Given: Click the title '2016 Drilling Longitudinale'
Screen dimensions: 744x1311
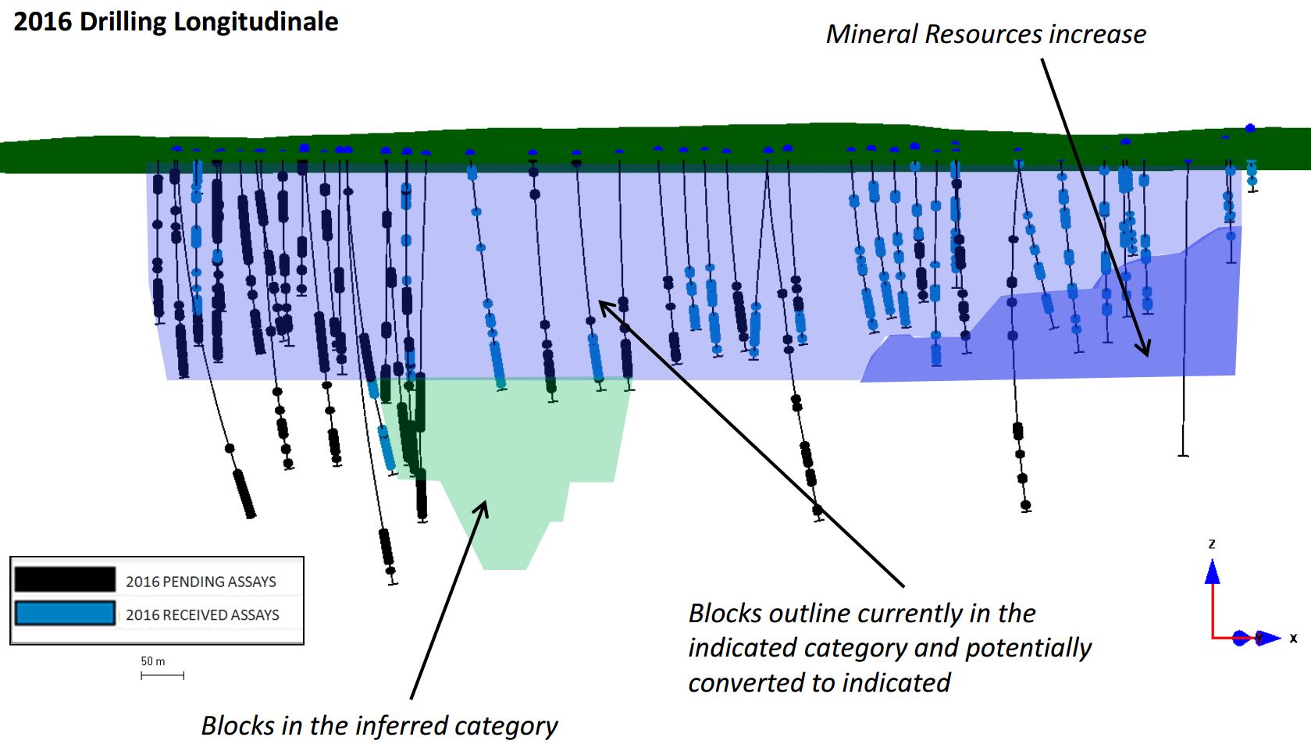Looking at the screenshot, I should click(176, 22).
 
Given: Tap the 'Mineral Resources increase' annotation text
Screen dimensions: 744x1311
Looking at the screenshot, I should click(985, 34).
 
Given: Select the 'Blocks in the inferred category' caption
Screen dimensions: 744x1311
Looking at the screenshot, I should click(379, 725).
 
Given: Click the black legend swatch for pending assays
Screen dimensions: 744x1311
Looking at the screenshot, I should click(65, 579).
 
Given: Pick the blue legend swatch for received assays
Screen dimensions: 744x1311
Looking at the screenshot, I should click(65, 613).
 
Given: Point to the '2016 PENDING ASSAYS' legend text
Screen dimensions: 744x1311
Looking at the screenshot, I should click(201, 582).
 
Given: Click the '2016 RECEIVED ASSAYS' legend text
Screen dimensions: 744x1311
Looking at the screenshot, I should click(202, 615).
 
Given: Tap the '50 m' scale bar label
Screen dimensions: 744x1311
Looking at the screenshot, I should click(153, 661).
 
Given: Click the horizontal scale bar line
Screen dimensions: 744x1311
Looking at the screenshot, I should click(162, 675).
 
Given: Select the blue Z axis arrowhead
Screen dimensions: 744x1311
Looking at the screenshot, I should click(1212, 572).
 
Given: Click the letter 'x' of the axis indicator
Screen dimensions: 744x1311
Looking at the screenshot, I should click(1293, 639).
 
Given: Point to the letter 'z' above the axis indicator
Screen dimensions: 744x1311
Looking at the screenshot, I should click(1212, 543).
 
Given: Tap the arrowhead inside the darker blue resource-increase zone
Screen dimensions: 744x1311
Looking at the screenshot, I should click(1145, 348).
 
